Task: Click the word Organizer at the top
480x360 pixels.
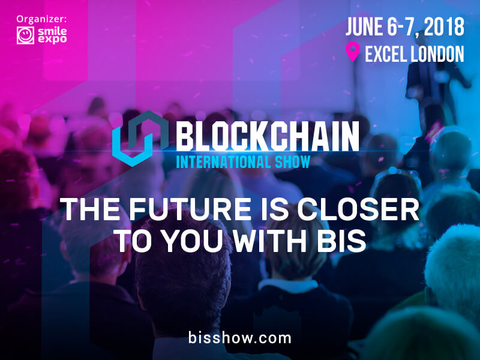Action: [x=41, y=19]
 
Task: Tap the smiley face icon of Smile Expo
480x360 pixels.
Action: [x=25, y=35]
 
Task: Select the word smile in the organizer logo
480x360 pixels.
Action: [x=52, y=31]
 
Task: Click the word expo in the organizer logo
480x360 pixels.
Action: [x=52, y=39]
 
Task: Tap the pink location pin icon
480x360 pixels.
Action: [x=353, y=52]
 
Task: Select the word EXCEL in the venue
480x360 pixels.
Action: [x=385, y=54]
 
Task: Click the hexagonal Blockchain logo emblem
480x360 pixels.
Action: [x=141, y=139]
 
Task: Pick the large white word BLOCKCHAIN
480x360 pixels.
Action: [x=267, y=136]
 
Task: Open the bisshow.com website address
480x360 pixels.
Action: [x=239, y=338]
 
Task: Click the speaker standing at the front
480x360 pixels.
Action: [x=434, y=92]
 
